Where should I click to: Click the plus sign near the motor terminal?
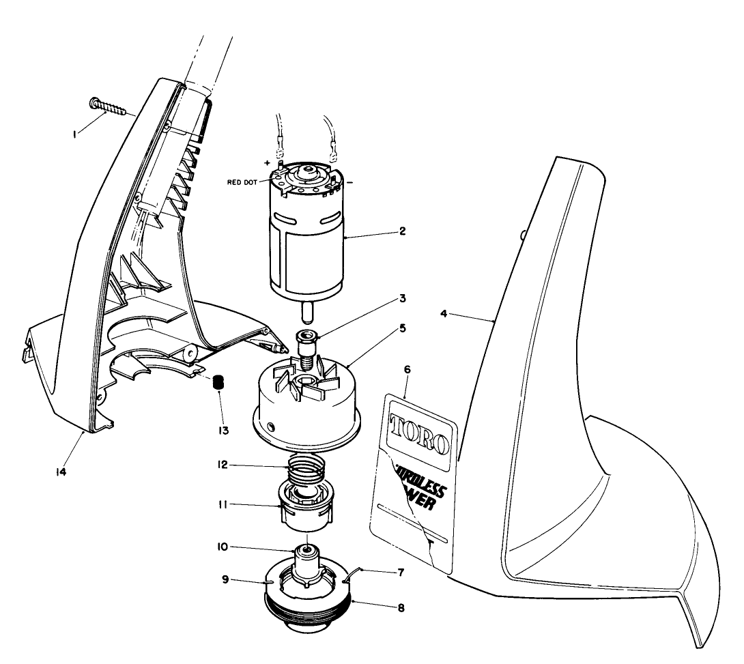click(267, 162)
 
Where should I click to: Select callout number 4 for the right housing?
click(444, 315)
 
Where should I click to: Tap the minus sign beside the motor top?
click(349, 183)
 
